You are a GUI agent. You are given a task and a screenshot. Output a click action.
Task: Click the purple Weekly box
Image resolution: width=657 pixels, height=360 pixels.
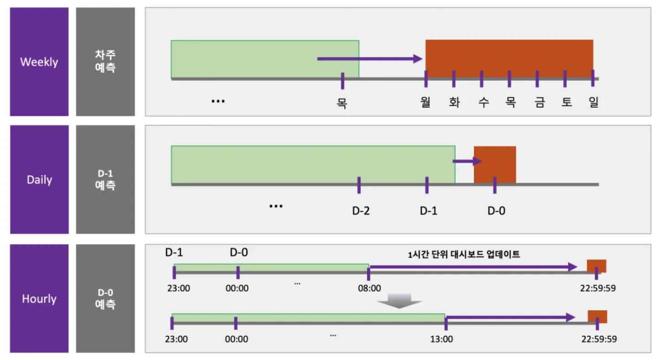pyautogui.click(x=39, y=62)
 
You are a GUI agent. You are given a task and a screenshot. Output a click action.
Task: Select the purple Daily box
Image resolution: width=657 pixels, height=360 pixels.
pyautogui.click(x=39, y=180)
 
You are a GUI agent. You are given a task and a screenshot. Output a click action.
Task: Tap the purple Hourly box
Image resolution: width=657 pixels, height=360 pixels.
pyautogui.click(x=39, y=298)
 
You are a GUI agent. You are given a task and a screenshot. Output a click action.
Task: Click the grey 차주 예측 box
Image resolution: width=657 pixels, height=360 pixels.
pyautogui.click(x=105, y=62)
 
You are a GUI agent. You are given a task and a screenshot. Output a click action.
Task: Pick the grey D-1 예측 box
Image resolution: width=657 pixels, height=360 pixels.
pyautogui.click(x=105, y=180)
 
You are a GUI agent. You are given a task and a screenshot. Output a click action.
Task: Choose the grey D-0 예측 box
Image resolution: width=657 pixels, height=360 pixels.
pyautogui.click(x=105, y=298)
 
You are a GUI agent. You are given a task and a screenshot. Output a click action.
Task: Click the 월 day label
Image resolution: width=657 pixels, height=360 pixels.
pyautogui.click(x=426, y=103)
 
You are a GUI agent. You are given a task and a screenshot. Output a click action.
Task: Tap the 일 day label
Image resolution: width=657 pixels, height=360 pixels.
pyautogui.click(x=593, y=103)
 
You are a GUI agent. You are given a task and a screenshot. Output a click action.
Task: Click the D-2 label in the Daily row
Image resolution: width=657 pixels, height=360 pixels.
pyautogui.click(x=361, y=211)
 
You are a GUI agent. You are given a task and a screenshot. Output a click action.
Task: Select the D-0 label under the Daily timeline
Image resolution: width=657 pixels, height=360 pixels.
pyautogui.click(x=497, y=211)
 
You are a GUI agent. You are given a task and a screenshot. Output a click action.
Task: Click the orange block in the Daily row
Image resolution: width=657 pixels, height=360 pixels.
pyautogui.click(x=495, y=164)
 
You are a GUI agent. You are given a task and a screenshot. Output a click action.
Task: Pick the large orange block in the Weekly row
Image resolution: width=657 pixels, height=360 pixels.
pyautogui.click(x=509, y=57)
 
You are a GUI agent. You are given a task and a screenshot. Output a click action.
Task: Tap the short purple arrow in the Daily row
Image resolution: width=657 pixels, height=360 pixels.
pyautogui.click(x=467, y=161)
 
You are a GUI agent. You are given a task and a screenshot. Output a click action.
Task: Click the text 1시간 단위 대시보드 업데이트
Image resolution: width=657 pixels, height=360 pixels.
pyautogui.click(x=464, y=255)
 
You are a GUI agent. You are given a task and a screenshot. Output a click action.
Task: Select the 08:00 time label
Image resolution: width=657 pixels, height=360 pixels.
pyautogui.click(x=369, y=288)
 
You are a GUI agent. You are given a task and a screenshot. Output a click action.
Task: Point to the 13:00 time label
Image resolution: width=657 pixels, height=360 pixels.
pyautogui.click(x=442, y=339)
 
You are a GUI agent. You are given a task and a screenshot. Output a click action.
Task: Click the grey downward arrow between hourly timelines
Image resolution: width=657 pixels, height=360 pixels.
pyautogui.click(x=399, y=301)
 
